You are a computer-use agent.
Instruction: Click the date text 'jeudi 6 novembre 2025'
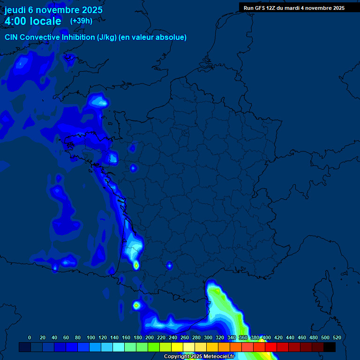pyautogui.click(x=53, y=10)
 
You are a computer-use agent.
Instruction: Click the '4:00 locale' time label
pyautogui.click(x=33, y=21)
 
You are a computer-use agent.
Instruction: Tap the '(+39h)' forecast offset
pyautogui.click(x=81, y=21)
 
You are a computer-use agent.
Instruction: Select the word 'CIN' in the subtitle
pyautogui.click(x=12, y=37)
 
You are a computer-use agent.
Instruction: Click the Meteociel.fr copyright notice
pyautogui.click(x=199, y=356)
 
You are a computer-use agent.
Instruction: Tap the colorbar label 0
pyautogui.click(x=30, y=337)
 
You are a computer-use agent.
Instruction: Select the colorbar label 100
pyautogui.click(x=91, y=337)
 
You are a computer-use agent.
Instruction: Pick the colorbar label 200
pyautogui.click(x=150, y=337)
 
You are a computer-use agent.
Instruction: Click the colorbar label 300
pyautogui.click(x=208, y=337)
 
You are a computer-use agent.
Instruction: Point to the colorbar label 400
pyautogui.click(x=267, y=337)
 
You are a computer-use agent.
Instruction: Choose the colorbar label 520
pyautogui.click(x=337, y=337)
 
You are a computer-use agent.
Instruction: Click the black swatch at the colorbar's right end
pyautogui.click(x=330, y=347)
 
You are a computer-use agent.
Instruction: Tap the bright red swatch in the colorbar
pyautogui.click(x=271, y=347)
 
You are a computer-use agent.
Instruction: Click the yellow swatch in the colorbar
pyautogui.click(x=177, y=347)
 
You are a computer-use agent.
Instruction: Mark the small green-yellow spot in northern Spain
pyautogui.click(x=136, y=306)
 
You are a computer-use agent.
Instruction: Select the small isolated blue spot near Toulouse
pyautogui.click(x=169, y=266)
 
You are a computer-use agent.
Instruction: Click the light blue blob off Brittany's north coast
pyautogui.click(x=98, y=100)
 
